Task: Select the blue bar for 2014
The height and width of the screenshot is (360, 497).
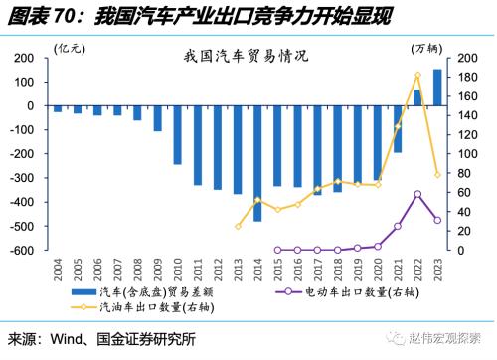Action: pyautogui.click(x=257, y=163)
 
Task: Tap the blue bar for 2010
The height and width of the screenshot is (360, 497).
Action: pyautogui.click(x=177, y=135)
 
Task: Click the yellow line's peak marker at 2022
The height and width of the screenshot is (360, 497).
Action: pyautogui.click(x=417, y=75)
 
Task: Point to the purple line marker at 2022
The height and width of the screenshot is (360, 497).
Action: pyautogui.click(x=417, y=194)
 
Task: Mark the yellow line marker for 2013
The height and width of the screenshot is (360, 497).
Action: pyautogui.click(x=238, y=226)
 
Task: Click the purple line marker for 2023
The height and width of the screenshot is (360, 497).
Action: pyautogui.click(x=437, y=220)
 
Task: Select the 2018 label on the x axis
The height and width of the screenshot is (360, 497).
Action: pyautogui.click(x=338, y=270)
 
